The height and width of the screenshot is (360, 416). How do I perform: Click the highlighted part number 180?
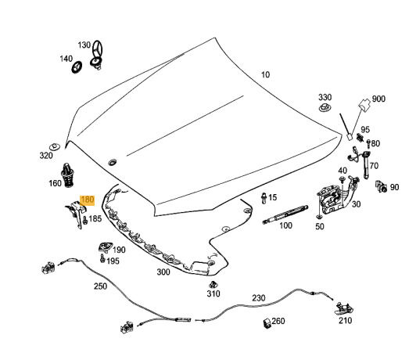(x=88, y=200)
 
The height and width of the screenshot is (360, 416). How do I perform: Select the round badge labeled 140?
(x=77, y=67)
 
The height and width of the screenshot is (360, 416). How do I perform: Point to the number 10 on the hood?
(x=265, y=74)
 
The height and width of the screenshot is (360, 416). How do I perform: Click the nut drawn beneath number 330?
(x=325, y=107)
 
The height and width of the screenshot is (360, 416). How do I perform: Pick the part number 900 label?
(x=378, y=99)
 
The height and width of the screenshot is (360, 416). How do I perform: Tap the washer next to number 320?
(x=55, y=146)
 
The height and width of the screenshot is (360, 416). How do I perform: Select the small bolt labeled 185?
(x=85, y=220)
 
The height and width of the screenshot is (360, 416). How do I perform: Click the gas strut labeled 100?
(x=285, y=214)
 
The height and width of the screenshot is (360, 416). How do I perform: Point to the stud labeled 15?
(x=264, y=198)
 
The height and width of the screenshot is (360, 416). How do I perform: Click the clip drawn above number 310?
(x=213, y=285)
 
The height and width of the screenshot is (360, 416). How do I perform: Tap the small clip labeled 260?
(x=267, y=323)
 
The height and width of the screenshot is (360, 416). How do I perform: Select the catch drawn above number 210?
(x=344, y=308)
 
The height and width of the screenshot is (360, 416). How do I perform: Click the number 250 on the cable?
(x=100, y=286)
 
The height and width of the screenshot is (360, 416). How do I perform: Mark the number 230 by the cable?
(x=258, y=298)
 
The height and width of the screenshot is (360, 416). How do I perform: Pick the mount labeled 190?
(x=106, y=247)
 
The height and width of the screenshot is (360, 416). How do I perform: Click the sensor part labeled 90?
(x=382, y=185)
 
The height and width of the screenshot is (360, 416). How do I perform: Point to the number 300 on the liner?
(x=163, y=272)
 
